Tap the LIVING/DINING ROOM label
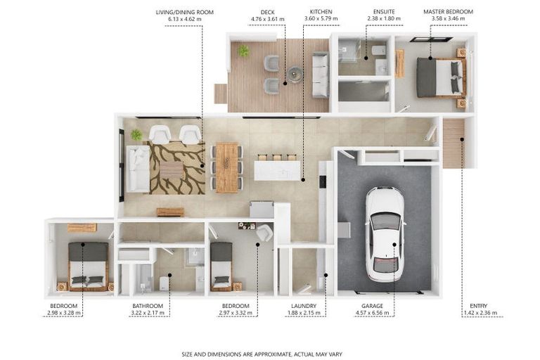[185, 13]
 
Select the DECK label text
[268, 12]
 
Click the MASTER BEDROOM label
[448, 12]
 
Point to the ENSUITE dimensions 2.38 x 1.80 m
[384, 18]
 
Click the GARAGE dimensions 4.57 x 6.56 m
[372, 313]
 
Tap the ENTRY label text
[478, 306]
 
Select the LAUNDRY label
[304, 306]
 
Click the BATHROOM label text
[148, 306]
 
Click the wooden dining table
[227, 167]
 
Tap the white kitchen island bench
[277, 171]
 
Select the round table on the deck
[295, 74]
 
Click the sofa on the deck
[321, 75]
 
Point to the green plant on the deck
[244, 51]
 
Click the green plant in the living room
[136, 135]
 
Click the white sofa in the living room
[138, 169]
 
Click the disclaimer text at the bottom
[262, 354]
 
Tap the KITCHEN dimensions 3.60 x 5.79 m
[321, 18]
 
